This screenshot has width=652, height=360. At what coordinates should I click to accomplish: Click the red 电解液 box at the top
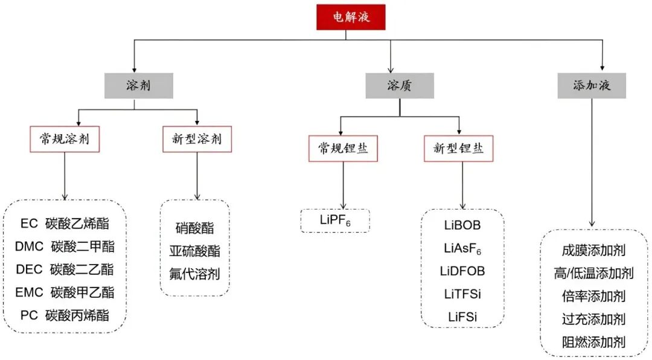(x=350, y=17)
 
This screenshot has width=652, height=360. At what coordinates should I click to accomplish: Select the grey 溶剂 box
(x=138, y=86)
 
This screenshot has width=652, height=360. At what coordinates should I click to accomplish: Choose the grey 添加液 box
(x=592, y=86)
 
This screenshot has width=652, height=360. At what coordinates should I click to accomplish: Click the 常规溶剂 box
(x=64, y=139)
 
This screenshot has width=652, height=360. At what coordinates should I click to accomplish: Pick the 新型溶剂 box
(x=197, y=139)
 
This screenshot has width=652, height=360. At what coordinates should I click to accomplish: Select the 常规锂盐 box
(x=343, y=149)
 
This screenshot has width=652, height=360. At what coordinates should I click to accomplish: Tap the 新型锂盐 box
(x=459, y=149)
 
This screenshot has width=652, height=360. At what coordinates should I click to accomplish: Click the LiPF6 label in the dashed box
(x=335, y=220)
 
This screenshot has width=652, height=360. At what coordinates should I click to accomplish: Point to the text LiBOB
(x=462, y=225)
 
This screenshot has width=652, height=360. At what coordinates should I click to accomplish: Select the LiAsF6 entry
(x=462, y=248)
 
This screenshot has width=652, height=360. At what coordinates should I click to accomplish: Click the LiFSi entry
(x=462, y=316)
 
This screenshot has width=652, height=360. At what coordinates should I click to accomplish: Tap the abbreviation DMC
(x=29, y=246)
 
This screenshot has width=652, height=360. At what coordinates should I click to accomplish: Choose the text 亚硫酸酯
(x=194, y=251)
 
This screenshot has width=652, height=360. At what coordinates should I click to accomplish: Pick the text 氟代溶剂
(x=194, y=274)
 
